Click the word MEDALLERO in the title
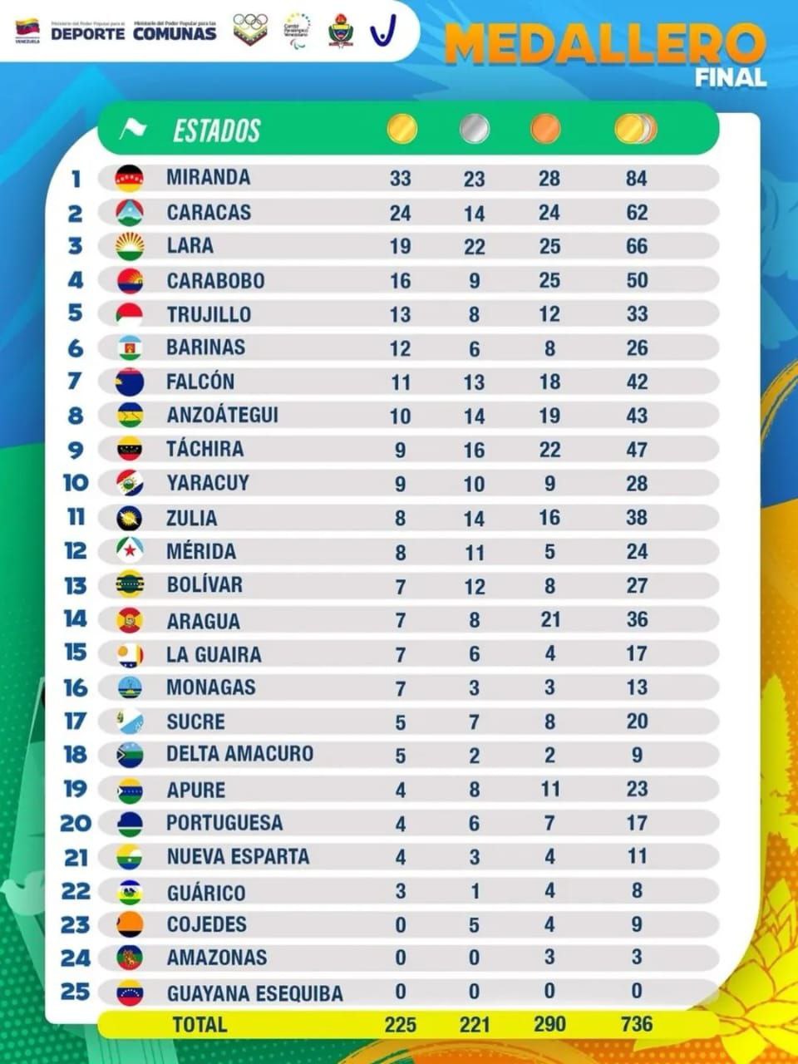pyautogui.click(x=604, y=44)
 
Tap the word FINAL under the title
pyautogui.click(x=731, y=78)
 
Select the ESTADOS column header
pyautogui.click(x=216, y=131)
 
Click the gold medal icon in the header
pyautogui.click(x=401, y=129)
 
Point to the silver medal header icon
pyautogui.click(x=474, y=129)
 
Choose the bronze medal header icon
pyautogui.click(x=545, y=129)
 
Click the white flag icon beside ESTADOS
pyautogui.click(x=132, y=130)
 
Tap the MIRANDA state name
pyautogui.click(x=208, y=177)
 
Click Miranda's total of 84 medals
pyautogui.click(x=637, y=178)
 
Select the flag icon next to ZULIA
pyautogui.click(x=130, y=518)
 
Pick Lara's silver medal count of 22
pyautogui.click(x=474, y=246)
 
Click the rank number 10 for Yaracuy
pyautogui.click(x=75, y=482)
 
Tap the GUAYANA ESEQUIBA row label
pyautogui.click(x=254, y=993)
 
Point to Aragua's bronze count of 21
pyautogui.click(x=549, y=619)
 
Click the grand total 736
pyautogui.click(x=637, y=1024)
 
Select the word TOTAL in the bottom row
pyautogui.click(x=199, y=1024)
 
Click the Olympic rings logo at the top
pyautogui.click(x=249, y=28)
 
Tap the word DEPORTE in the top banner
pyautogui.click(x=88, y=33)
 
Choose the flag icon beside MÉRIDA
pyautogui.click(x=130, y=551)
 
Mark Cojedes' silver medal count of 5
pyautogui.click(x=474, y=924)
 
